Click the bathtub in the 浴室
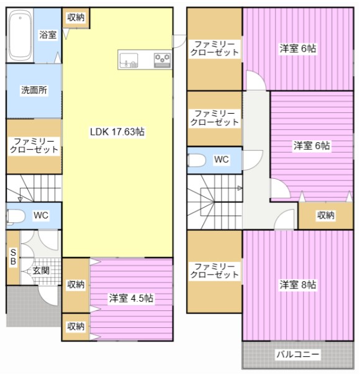coord(20,36)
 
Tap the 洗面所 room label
coord(34,90)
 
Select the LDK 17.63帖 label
coord(117,132)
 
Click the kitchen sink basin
coord(129,60)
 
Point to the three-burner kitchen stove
coord(163,60)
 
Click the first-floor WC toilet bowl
coord(16,217)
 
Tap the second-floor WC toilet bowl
coord(197,160)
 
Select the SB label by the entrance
coord(13,257)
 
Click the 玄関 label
coord(41,271)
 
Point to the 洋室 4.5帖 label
coord(131,298)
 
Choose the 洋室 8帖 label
coord(298,284)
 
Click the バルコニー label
coord(298,354)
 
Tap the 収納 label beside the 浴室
coord(76,17)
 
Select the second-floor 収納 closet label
coord(326,215)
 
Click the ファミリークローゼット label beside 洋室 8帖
coord(214,270)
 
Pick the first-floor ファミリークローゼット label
coord(34,145)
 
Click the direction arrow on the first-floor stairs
coord(20,199)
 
